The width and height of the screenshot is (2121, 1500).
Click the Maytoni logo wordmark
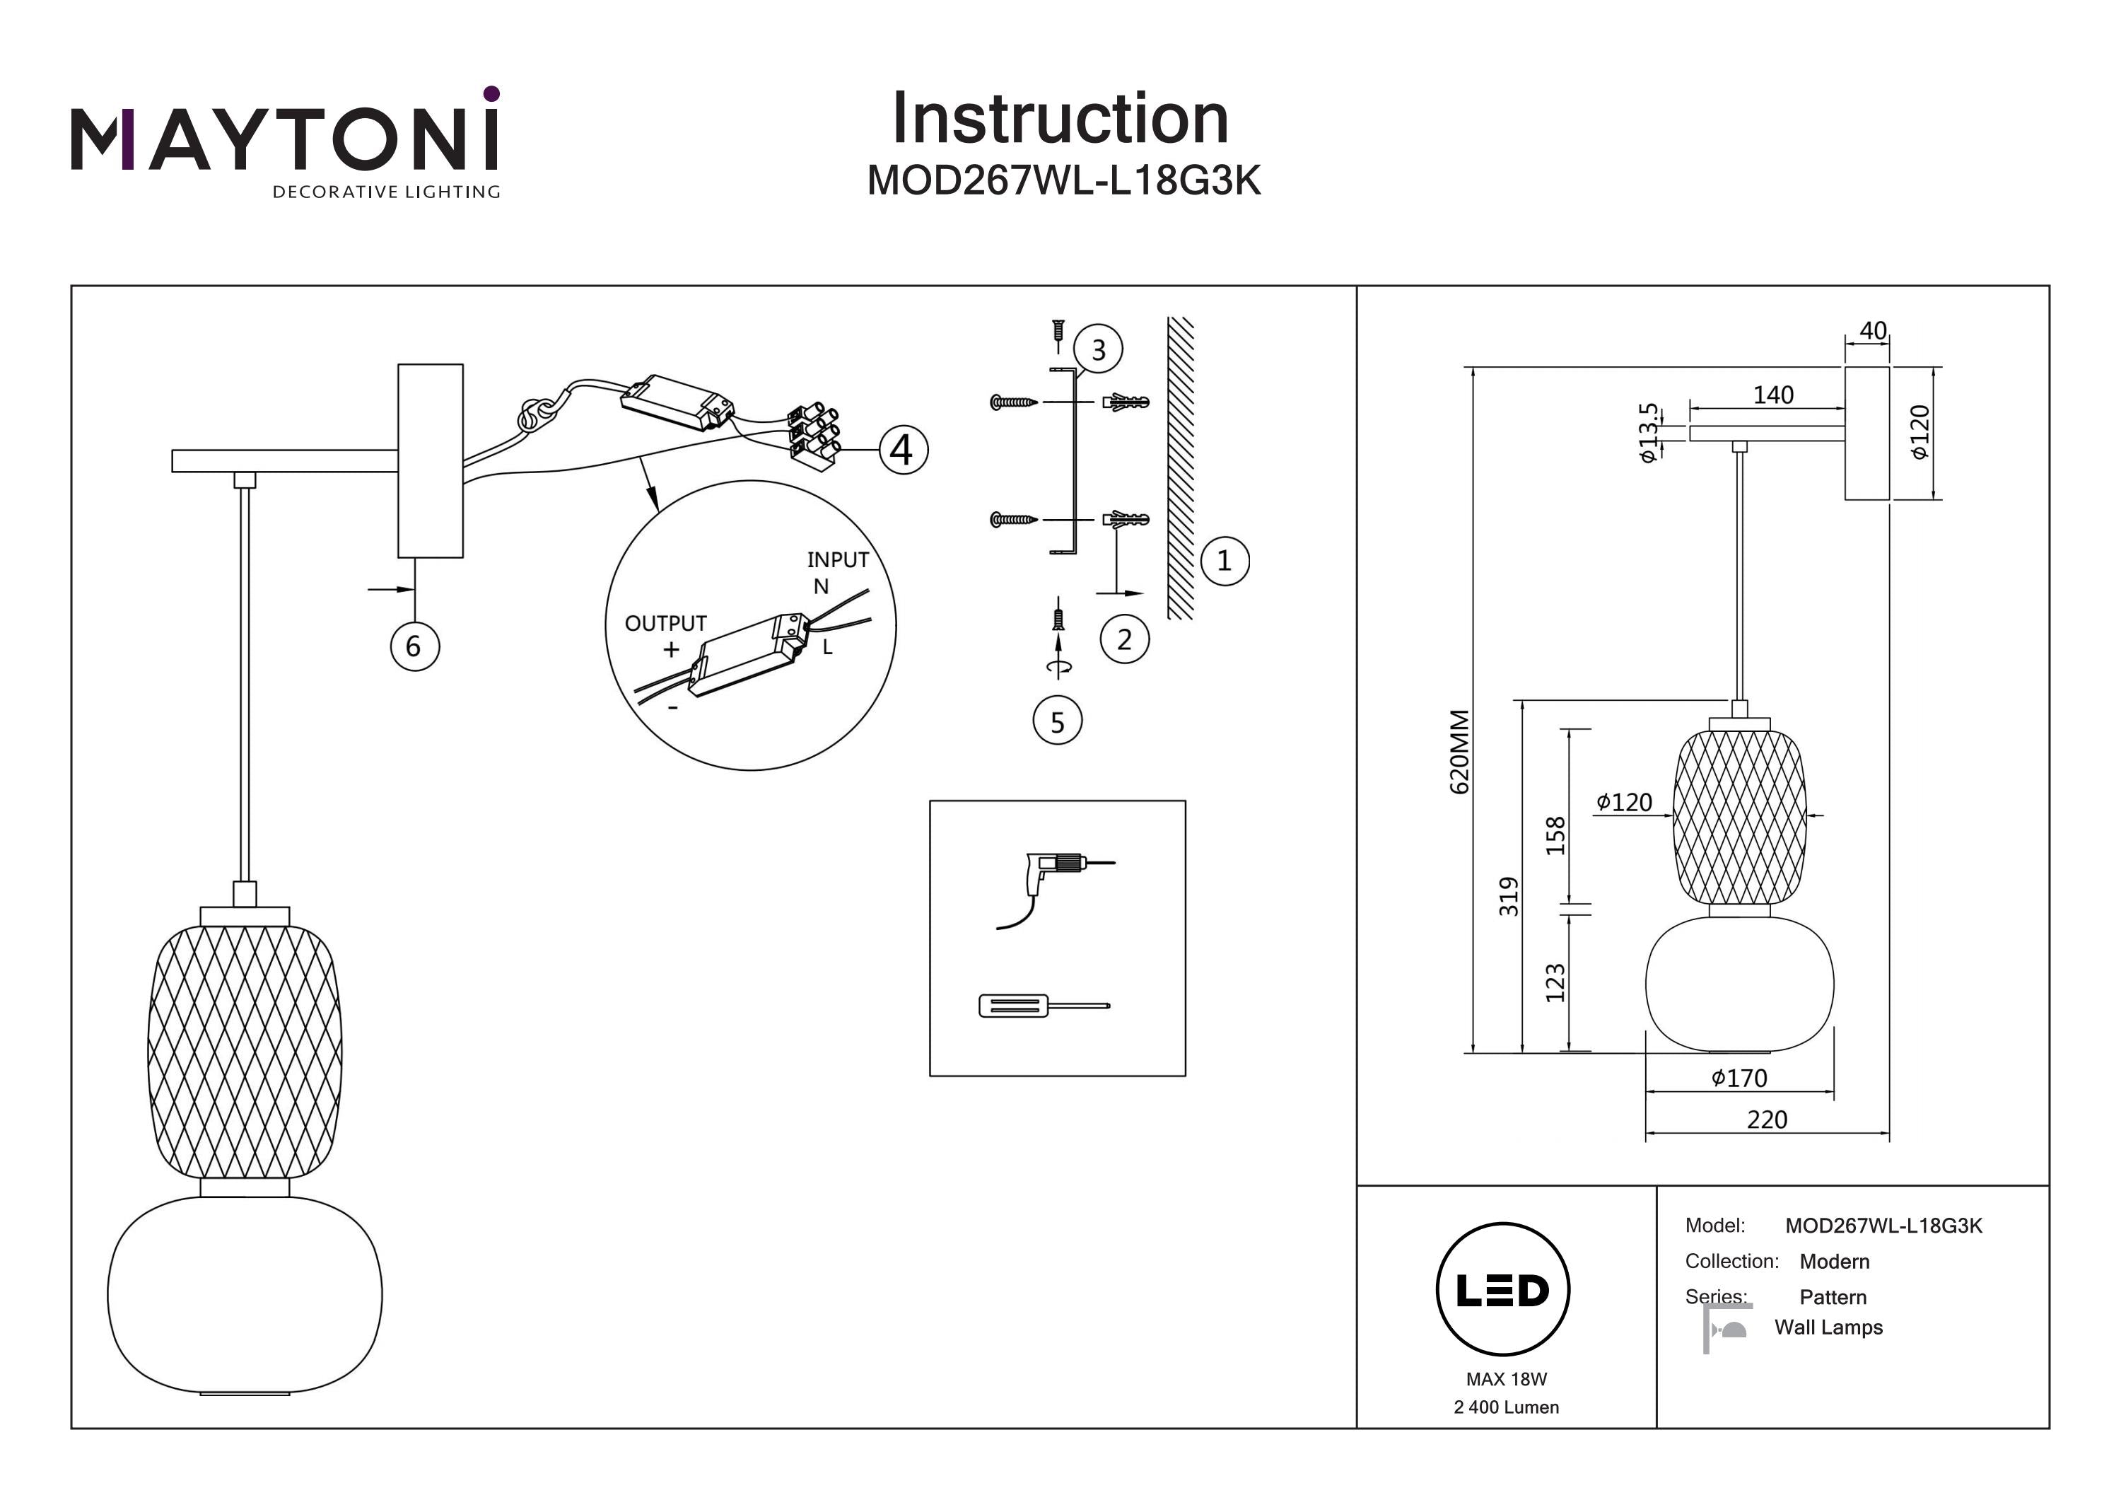click(x=284, y=139)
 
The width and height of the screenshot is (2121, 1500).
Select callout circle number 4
click(x=903, y=450)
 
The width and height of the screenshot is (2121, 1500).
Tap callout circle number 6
click(x=414, y=646)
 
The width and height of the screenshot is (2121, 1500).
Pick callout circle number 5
click(x=1057, y=722)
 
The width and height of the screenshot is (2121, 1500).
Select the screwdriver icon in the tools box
click(x=1044, y=1006)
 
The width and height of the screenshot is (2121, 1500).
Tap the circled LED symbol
click(x=1502, y=1290)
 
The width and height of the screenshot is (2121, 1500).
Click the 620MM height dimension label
click(x=1459, y=751)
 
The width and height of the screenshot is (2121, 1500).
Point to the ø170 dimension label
click(x=1739, y=1079)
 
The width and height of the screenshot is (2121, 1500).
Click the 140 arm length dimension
click(x=1772, y=395)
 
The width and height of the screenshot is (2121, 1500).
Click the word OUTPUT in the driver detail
click(x=665, y=624)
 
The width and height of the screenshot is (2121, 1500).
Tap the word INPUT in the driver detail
click(x=837, y=560)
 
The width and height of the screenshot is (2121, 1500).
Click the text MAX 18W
click(x=1506, y=1379)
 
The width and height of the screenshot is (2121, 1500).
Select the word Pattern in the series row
click(x=1833, y=1298)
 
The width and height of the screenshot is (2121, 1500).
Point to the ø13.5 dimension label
click(x=1648, y=433)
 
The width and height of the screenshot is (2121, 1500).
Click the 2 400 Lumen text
click(x=1506, y=1407)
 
